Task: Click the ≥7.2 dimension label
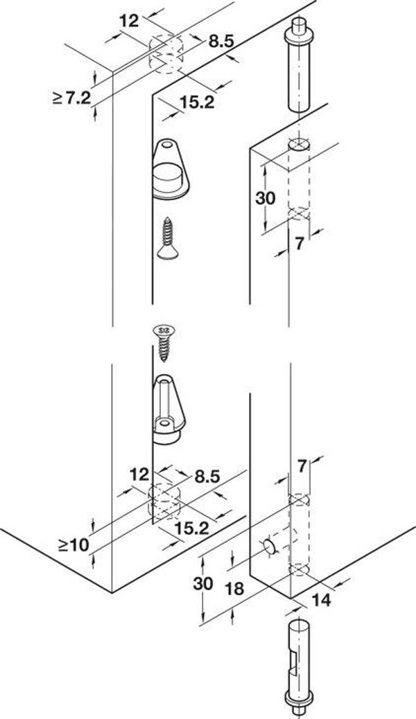click(71, 98)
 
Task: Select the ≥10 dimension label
click(73, 545)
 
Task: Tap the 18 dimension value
click(235, 588)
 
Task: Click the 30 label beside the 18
click(203, 584)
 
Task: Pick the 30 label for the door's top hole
click(266, 198)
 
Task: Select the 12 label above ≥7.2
click(129, 21)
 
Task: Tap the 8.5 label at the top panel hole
click(222, 42)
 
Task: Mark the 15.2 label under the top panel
click(197, 103)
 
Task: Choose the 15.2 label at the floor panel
click(192, 529)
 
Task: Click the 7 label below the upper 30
click(299, 245)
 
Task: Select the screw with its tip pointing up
click(167, 238)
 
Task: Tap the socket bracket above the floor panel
click(168, 409)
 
